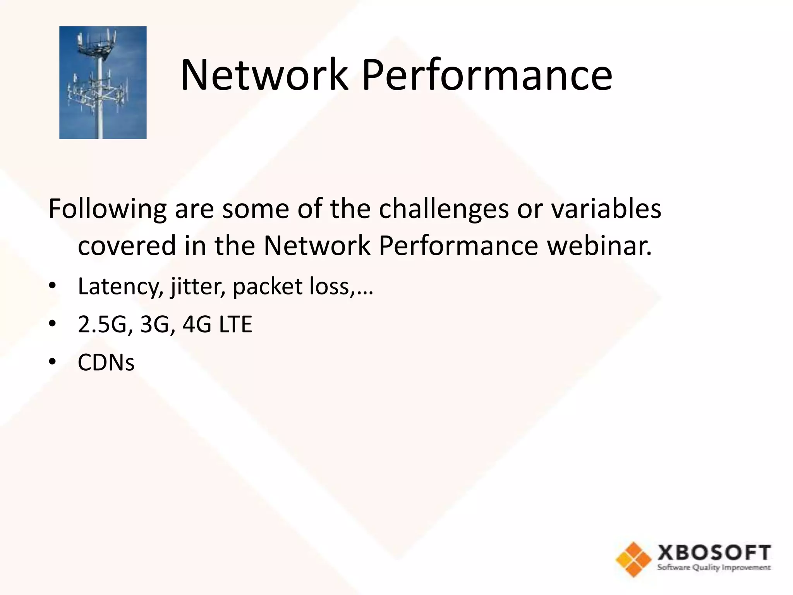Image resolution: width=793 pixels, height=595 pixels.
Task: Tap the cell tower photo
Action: (x=103, y=83)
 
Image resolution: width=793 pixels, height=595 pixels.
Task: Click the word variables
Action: (x=606, y=208)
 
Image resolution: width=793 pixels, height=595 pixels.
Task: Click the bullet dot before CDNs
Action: (x=52, y=362)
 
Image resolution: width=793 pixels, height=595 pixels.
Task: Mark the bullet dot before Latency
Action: (x=52, y=286)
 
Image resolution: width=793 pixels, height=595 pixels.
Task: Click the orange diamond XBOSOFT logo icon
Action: (x=633, y=559)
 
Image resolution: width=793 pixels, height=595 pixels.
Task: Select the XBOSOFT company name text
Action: (x=714, y=552)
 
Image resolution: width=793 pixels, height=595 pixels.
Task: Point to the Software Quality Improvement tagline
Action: (x=714, y=568)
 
